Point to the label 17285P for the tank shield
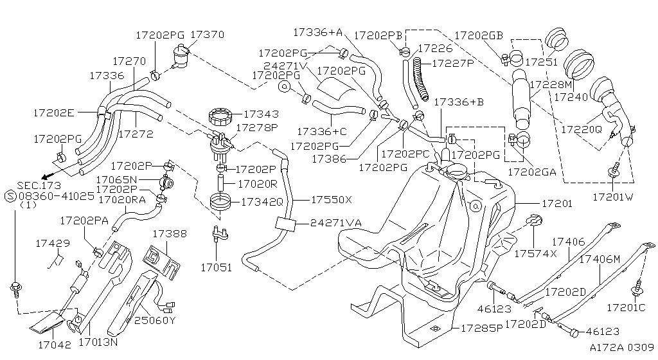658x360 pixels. [x=481, y=328]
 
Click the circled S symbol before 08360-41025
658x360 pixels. [x=10, y=194]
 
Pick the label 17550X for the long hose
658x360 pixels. [x=331, y=200]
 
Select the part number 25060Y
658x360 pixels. [x=154, y=319]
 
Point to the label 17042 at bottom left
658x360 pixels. [x=49, y=344]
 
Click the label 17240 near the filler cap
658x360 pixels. [x=571, y=97]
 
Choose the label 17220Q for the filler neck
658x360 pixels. [x=581, y=129]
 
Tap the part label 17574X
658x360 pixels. [x=535, y=253]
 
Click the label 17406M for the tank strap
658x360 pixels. [x=600, y=258]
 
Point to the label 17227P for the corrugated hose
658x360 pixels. [x=452, y=64]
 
